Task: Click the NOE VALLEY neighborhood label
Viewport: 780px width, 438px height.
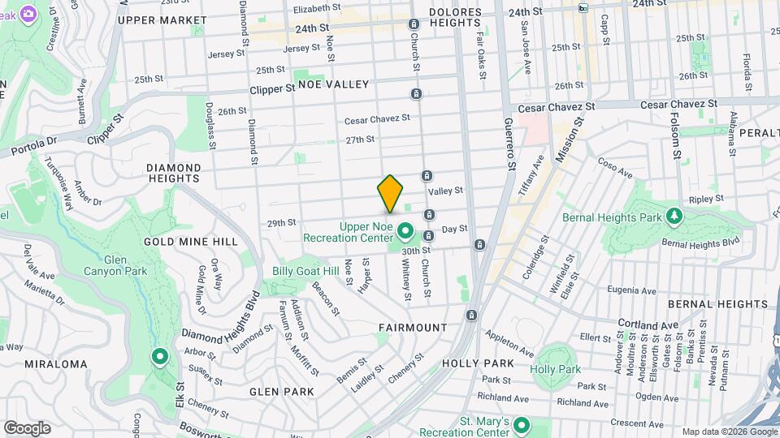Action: tap(333, 84)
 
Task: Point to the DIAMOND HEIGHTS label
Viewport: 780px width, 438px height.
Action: tap(173, 174)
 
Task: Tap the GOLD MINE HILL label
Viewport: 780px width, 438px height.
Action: tap(191, 242)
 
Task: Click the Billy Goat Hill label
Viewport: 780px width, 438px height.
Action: tap(305, 271)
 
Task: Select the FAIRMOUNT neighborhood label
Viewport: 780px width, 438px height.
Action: tap(412, 328)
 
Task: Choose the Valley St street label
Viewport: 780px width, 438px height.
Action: tap(445, 191)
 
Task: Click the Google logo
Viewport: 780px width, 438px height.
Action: tap(27, 428)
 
